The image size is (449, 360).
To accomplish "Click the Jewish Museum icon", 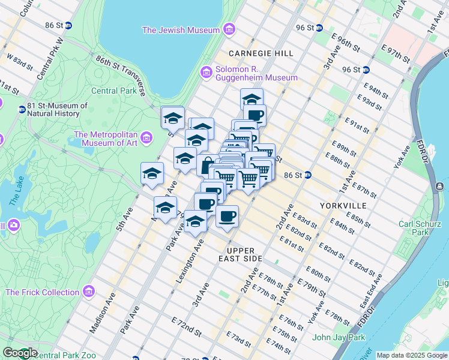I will pyautogui.click(x=229, y=29).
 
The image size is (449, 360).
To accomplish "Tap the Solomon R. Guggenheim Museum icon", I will pyautogui.click(x=206, y=73).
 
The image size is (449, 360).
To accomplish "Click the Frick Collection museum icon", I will pyautogui.click(x=89, y=292).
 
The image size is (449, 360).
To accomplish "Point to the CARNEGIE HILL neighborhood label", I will pyautogui.click(x=261, y=53).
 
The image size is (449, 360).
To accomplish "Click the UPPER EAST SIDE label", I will pyautogui.click(x=244, y=254).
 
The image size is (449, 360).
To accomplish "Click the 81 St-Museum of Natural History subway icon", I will pyautogui.click(x=22, y=110).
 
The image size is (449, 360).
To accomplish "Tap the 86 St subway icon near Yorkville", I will pyautogui.click(x=307, y=175).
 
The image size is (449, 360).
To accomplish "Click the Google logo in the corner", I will pyautogui.click(x=20, y=353).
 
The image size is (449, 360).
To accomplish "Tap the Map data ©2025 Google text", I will pyautogui.click(x=411, y=355).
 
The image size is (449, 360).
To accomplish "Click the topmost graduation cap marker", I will pyautogui.click(x=252, y=98).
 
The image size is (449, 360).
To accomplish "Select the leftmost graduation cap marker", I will pyautogui.click(x=152, y=173).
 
